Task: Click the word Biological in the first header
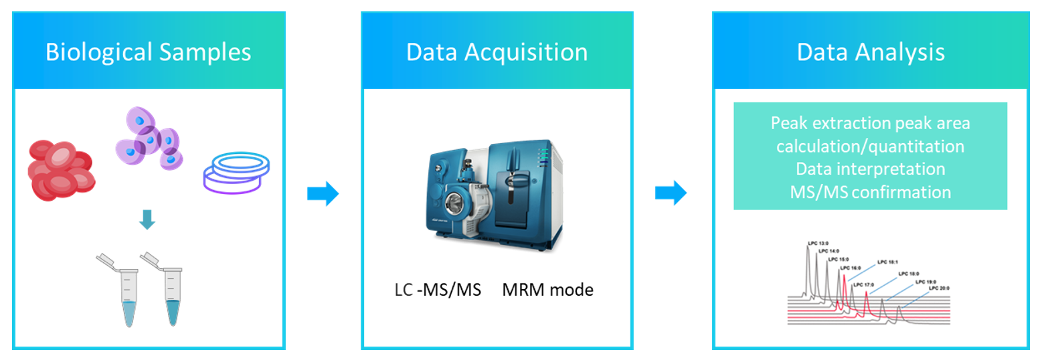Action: tap(99, 53)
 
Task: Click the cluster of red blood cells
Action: tap(61, 171)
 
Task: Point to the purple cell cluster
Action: tap(149, 138)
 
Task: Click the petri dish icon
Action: tap(236, 173)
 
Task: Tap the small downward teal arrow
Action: tap(147, 219)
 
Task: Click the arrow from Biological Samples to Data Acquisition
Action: tap(323, 193)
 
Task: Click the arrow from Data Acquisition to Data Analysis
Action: tap(671, 193)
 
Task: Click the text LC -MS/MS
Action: tap(438, 290)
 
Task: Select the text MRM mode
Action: tap(547, 290)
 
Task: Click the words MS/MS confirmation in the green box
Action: tap(870, 192)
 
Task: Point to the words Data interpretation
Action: tap(870, 169)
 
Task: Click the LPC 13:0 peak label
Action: tap(818, 243)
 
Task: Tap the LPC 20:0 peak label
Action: tap(939, 288)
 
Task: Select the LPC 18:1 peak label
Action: tap(887, 262)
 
